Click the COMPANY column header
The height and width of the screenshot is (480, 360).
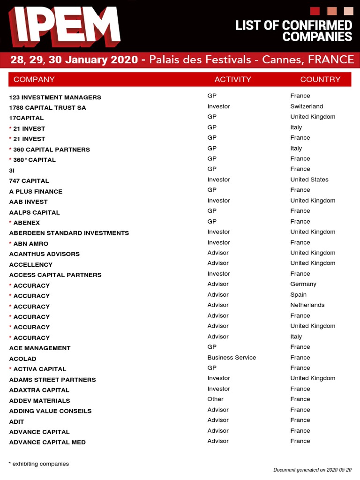(x=34, y=79)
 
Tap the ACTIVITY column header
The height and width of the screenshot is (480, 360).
(x=232, y=79)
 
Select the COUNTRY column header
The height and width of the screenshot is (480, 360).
(x=320, y=79)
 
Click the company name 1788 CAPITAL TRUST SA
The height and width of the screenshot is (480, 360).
(x=47, y=107)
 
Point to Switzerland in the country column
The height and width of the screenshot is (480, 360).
(x=307, y=106)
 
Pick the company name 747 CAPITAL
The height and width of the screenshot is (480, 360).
(x=29, y=181)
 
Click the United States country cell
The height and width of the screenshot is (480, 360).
(x=309, y=180)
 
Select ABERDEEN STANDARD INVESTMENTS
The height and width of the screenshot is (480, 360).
(x=69, y=233)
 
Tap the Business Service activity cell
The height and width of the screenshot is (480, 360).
(x=232, y=357)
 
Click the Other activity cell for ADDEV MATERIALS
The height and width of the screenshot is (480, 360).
(x=216, y=399)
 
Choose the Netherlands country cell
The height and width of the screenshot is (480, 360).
(x=307, y=305)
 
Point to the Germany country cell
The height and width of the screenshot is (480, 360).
(x=303, y=284)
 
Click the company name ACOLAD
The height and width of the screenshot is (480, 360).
(x=22, y=359)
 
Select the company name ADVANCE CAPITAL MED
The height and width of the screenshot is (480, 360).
(x=47, y=442)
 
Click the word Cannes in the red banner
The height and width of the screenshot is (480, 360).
(x=280, y=60)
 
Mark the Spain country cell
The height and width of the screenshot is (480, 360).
(x=298, y=294)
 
